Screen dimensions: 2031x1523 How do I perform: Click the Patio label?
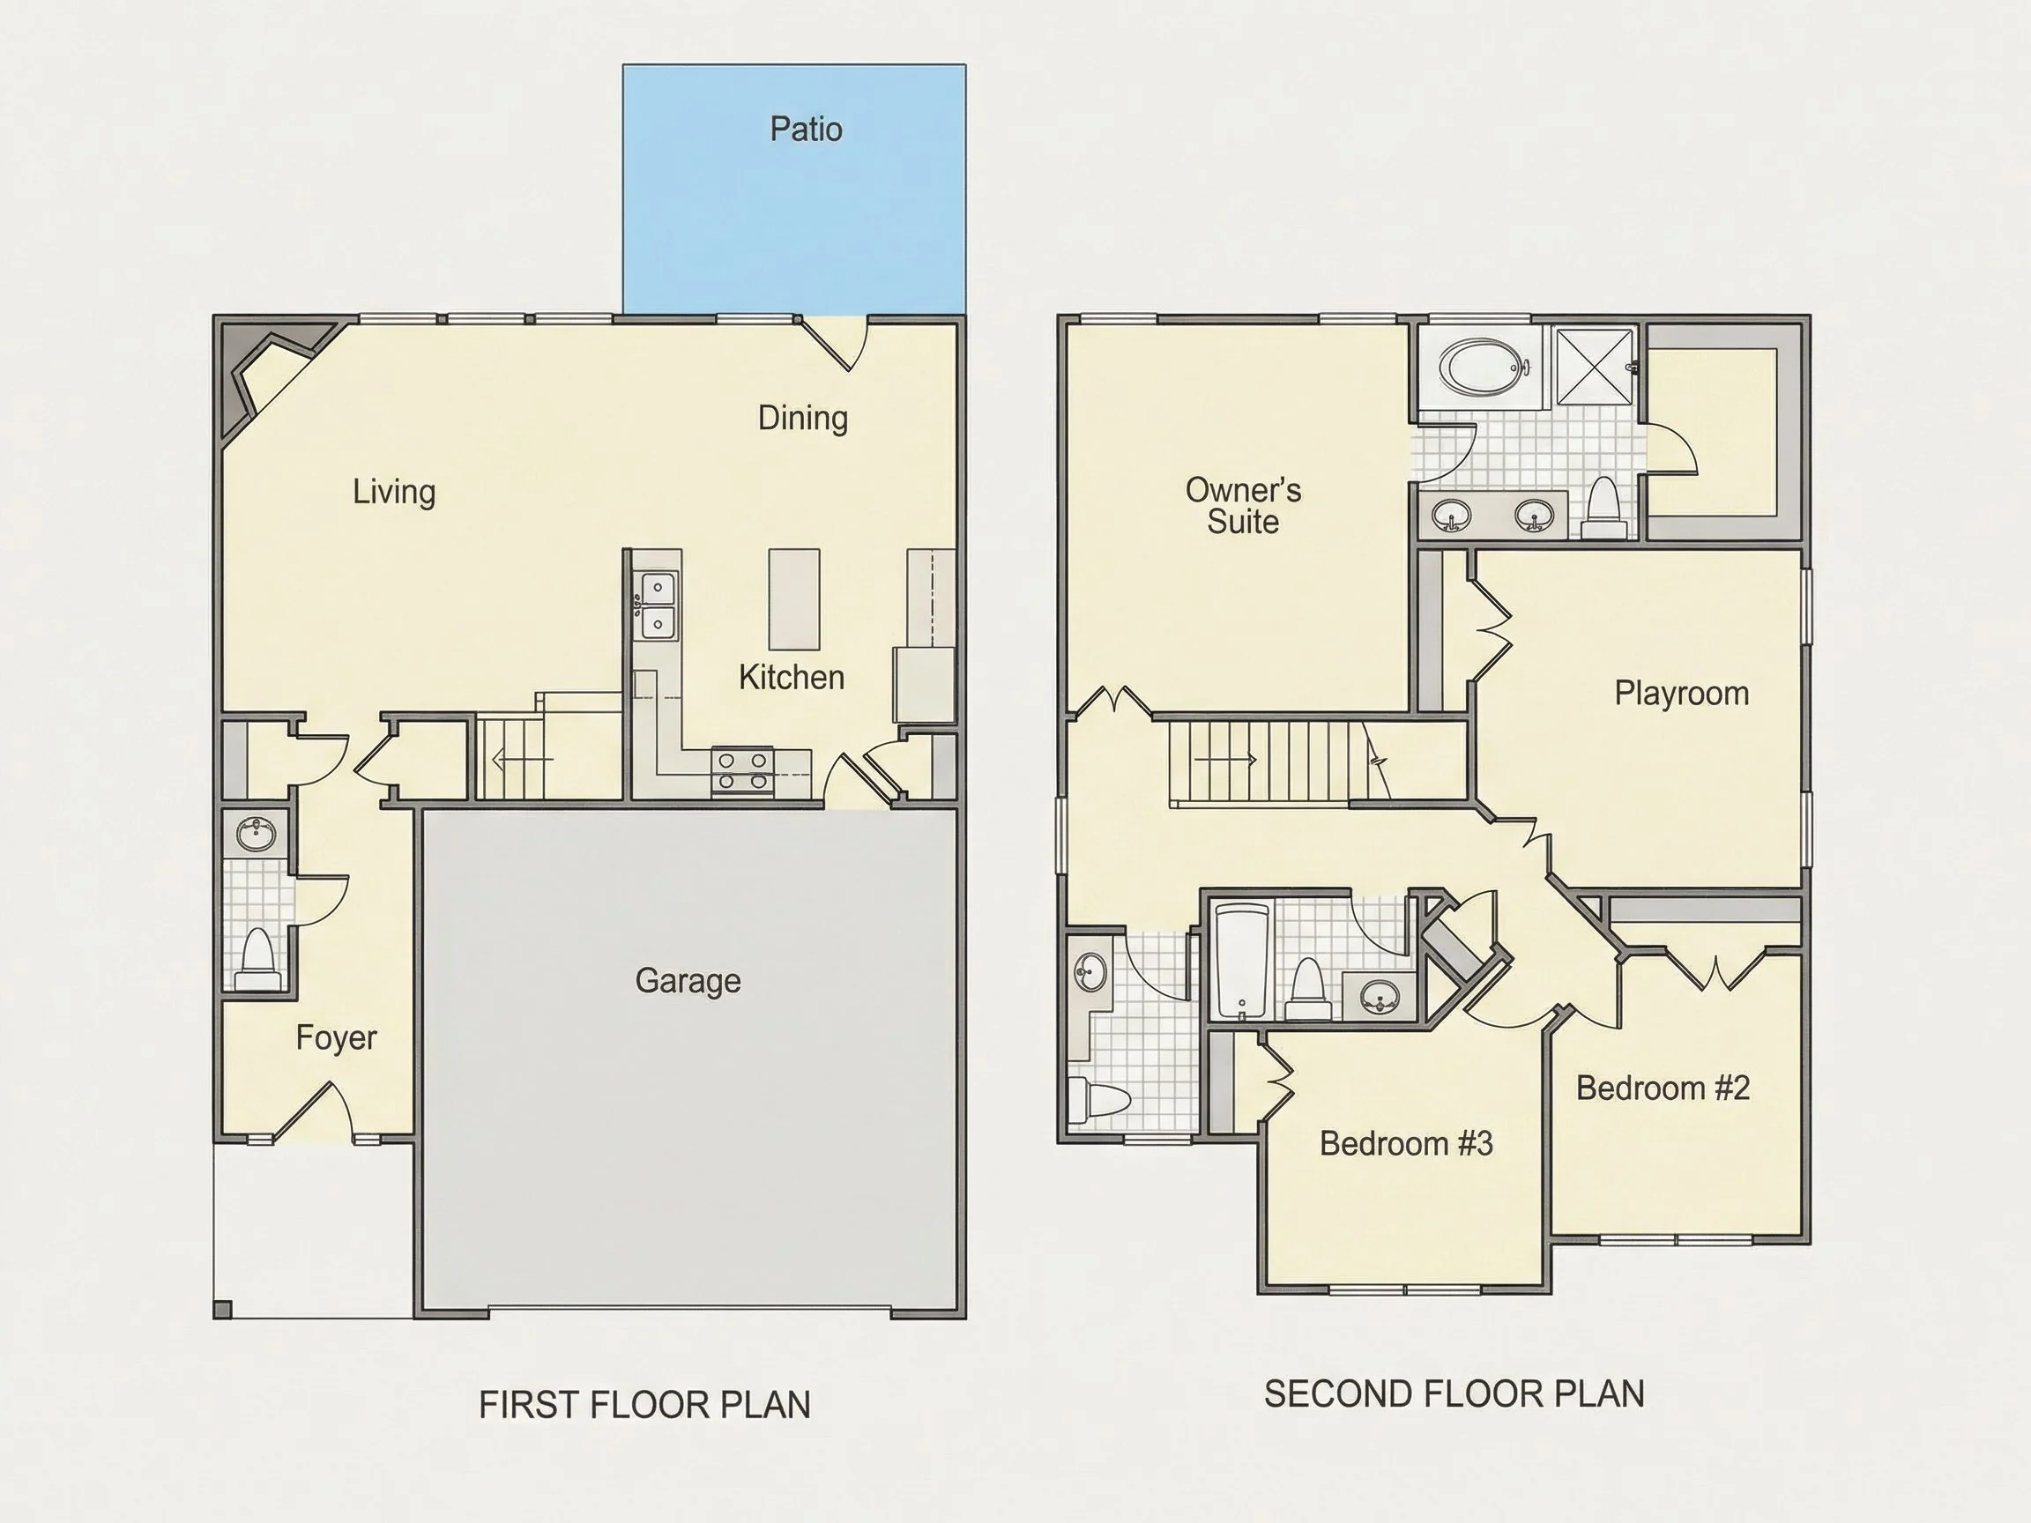click(x=805, y=130)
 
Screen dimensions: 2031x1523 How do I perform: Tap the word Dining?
click(x=802, y=419)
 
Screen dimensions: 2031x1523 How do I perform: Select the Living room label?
click(x=394, y=492)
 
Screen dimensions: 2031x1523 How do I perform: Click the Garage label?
click(x=688, y=981)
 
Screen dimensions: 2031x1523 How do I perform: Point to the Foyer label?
click(x=336, y=1038)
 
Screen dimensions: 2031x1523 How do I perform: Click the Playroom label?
click(x=1681, y=693)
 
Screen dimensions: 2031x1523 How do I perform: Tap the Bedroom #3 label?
click(x=1406, y=1143)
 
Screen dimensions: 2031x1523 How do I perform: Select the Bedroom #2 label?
click(x=1663, y=1088)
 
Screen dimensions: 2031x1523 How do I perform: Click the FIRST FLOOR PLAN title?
click(x=644, y=1405)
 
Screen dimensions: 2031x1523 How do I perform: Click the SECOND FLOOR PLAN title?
click(x=1454, y=1393)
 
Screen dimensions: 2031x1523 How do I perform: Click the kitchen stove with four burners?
click(x=743, y=770)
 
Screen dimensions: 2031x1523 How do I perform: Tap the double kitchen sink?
click(x=658, y=605)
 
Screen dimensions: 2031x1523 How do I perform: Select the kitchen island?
click(x=794, y=599)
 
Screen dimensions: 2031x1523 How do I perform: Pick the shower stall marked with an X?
click(x=1595, y=367)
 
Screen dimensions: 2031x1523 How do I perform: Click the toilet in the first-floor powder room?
click(x=257, y=959)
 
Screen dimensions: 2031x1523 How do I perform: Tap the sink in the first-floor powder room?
click(x=257, y=835)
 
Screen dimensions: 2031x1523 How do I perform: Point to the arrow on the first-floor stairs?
click(x=524, y=759)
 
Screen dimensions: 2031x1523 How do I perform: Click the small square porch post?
click(x=222, y=1308)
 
